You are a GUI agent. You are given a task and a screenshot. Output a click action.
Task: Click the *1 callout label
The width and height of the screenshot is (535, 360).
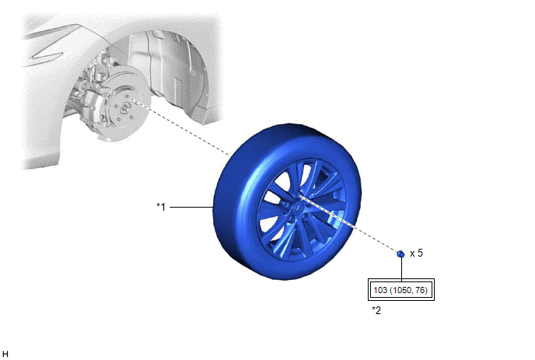click(x=161, y=207)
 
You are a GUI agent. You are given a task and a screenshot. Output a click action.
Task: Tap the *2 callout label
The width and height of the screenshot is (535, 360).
click(x=376, y=310)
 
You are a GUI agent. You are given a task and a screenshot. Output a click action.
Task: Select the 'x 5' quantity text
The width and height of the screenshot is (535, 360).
click(x=416, y=253)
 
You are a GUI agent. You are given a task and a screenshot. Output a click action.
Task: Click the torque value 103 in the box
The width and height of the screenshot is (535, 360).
click(x=380, y=290)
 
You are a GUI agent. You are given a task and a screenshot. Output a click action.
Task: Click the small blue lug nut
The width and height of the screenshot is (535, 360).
click(x=401, y=254)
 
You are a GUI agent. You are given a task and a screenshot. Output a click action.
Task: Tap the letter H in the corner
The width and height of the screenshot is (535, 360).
click(x=5, y=354)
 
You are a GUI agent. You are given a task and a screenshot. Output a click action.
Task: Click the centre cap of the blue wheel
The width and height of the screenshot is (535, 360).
click(x=298, y=207)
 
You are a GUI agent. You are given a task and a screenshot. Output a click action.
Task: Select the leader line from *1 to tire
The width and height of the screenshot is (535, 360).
click(x=192, y=207)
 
